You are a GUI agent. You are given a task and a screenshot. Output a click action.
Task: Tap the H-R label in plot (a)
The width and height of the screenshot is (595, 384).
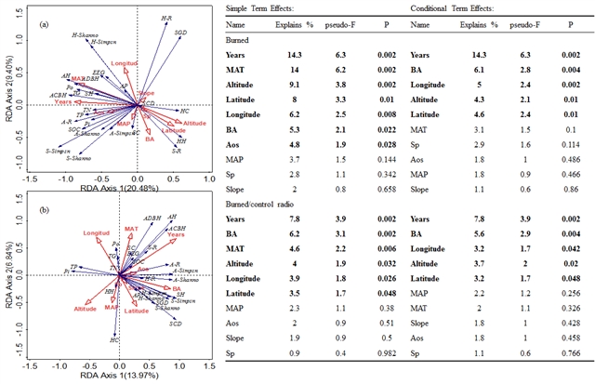pos(167,17)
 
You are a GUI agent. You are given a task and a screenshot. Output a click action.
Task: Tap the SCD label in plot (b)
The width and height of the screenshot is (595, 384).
pos(176,324)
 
